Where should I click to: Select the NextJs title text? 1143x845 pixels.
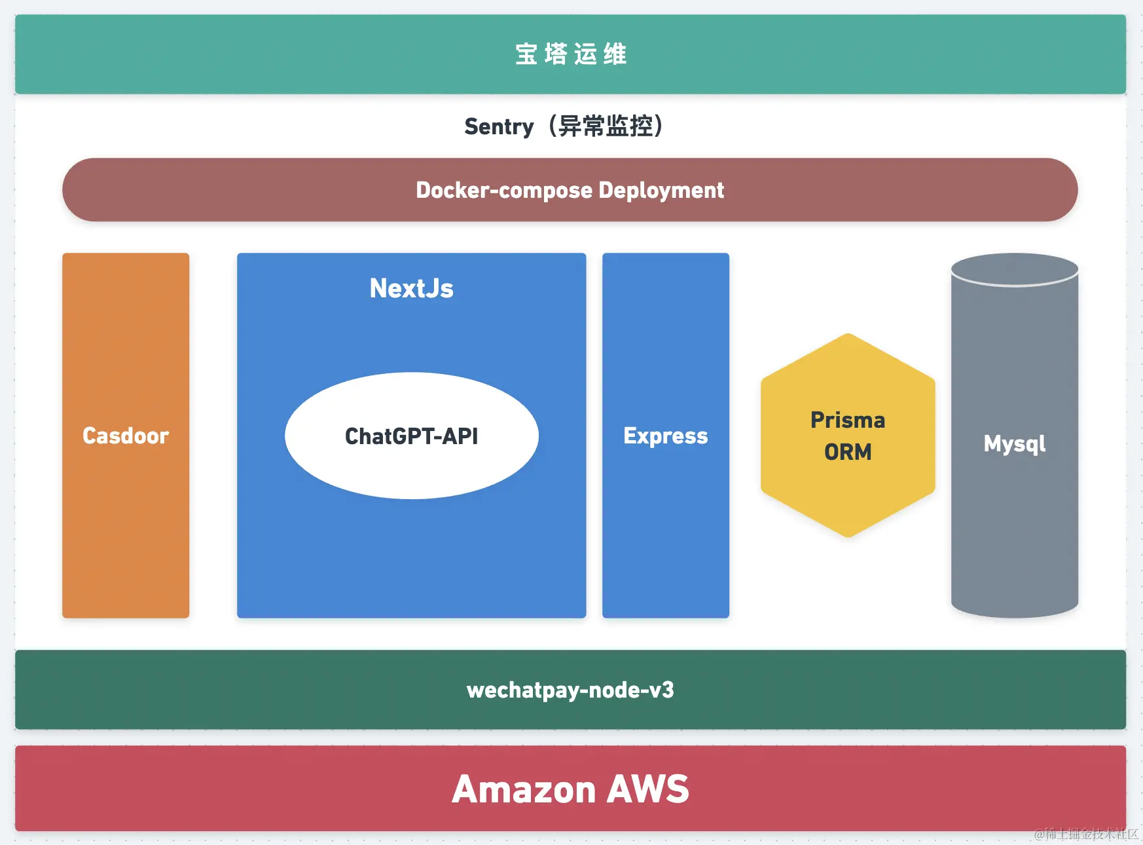[x=411, y=288]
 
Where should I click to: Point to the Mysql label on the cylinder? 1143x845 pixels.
[x=1014, y=444]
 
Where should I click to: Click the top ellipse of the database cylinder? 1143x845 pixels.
[x=1014, y=269]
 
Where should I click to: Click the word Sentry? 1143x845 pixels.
[x=499, y=126]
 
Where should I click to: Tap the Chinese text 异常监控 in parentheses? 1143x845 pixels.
[x=606, y=126]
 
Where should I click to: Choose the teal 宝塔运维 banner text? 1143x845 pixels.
[x=571, y=54]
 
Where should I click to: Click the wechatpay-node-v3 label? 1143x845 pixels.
[x=570, y=690]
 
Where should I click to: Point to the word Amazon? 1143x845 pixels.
[x=524, y=789]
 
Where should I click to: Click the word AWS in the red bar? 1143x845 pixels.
[x=647, y=789]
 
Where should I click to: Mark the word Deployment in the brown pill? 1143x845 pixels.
[x=661, y=190]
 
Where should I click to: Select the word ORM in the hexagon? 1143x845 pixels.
[x=848, y=452]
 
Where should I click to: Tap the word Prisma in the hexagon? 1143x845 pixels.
[x=848, y=420]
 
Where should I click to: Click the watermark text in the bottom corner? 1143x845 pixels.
[x=1086, y=834]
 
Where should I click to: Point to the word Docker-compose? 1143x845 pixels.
[x=504, y=190]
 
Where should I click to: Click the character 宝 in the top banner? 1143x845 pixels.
[x=526, y=54]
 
